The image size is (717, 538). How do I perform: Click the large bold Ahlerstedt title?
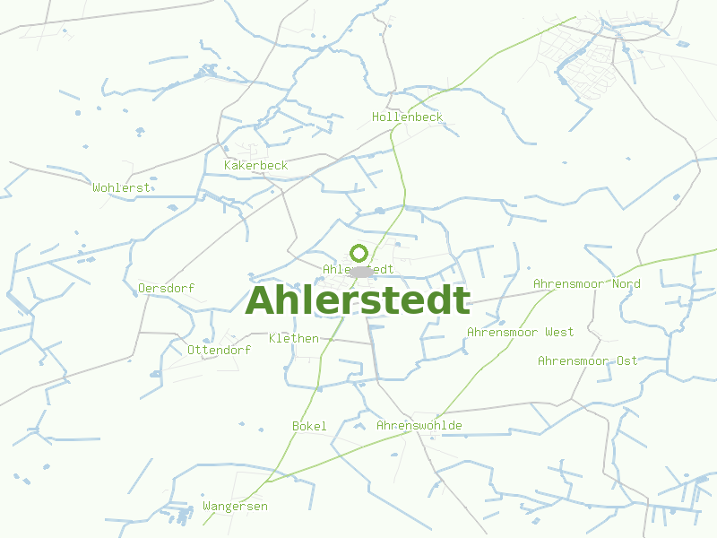point(358,301)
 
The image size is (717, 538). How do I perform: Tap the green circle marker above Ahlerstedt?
point(359,253)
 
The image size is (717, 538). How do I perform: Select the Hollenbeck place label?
point(407,117)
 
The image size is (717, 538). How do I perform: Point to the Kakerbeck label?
point(255,165)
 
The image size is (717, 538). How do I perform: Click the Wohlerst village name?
point(121,187)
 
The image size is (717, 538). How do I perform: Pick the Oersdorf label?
point(166,288)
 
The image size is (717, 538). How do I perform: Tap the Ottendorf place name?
point(219,350)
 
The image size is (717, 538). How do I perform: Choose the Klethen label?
point(293,338)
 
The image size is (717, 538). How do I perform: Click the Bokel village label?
point(309,426)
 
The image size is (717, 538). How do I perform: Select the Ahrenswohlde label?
point(419,425)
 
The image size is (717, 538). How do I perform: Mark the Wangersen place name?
point(235,507)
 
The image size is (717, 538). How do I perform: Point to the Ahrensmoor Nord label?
point(586,284)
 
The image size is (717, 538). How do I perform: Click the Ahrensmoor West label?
point(520,333)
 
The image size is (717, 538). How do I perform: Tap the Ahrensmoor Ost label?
point(587,360)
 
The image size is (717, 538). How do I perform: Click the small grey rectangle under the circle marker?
point(361,271)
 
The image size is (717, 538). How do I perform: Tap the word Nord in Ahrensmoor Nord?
point(626,284)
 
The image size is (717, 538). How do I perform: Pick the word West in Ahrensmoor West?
point(559,333)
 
